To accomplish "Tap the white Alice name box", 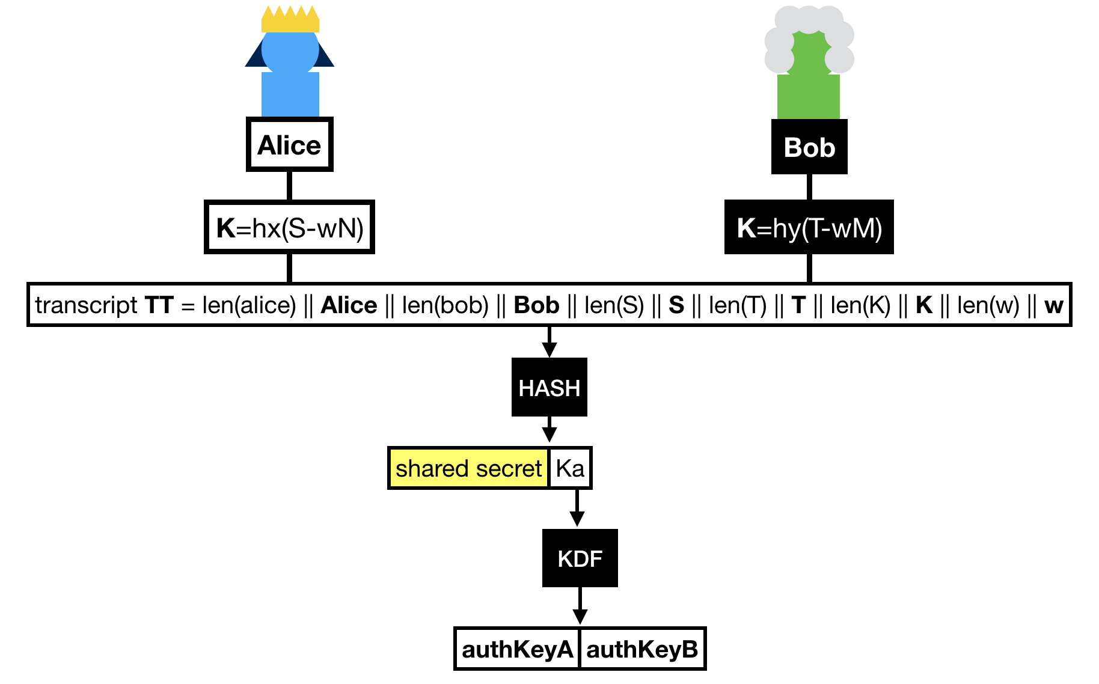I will [289, 145].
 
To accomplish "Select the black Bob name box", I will [809, 147].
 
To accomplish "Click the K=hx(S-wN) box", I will [289, 228].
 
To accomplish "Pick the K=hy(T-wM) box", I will [809, 228].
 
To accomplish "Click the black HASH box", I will [549, 388].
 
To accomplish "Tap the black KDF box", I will [580, 558].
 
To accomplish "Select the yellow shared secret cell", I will [468, 468].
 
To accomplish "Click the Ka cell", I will [570, 468].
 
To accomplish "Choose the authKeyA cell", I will [517, 649].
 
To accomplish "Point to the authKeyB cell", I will [642, 649].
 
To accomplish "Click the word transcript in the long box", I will [86, 305].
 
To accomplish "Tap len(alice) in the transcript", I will [249, 305].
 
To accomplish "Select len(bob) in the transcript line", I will [445, 305].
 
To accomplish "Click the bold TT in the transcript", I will [159, 305].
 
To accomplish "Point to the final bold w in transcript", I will [1053, 305].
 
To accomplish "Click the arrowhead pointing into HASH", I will [549, 350].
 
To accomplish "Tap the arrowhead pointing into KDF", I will [577, 519].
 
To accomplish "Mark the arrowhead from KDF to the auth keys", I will [580, 617].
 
